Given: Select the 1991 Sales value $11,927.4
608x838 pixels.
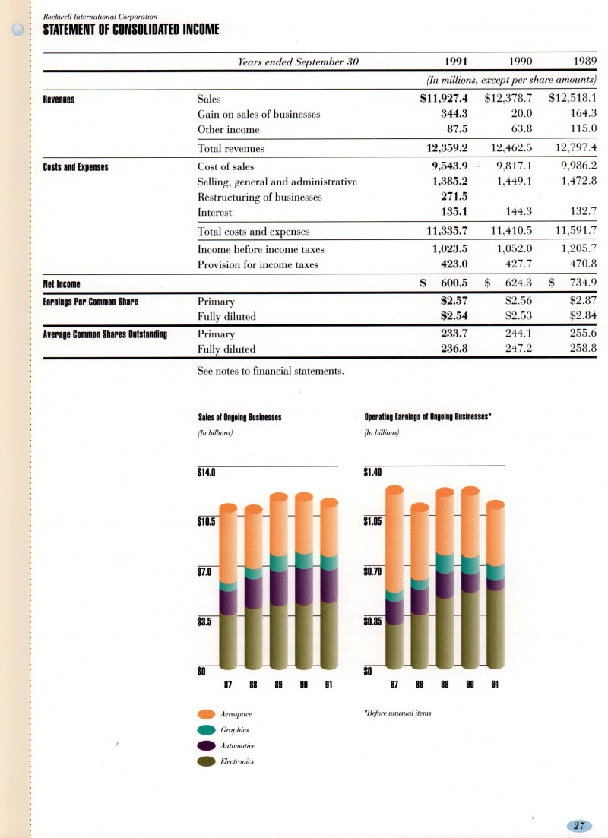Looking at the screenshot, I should pos(444,98).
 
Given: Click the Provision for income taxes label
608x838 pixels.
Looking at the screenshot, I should pos(258,265).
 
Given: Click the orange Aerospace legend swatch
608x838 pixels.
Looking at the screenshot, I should pos(207,715).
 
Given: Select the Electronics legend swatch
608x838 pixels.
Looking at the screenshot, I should pos(207,761).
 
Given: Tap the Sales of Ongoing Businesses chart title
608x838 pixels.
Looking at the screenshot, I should pos(239,416).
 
